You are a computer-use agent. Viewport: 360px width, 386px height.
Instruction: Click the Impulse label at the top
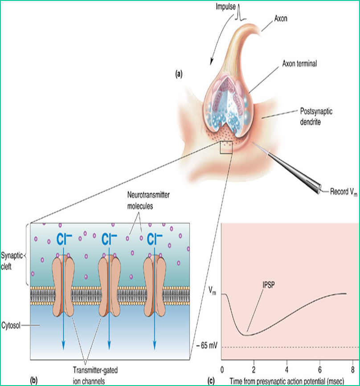(x=223, y=8)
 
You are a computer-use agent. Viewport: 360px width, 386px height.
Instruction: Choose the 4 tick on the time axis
(x=287, y=369)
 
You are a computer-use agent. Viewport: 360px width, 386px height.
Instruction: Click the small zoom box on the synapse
(x=226, y=147)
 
